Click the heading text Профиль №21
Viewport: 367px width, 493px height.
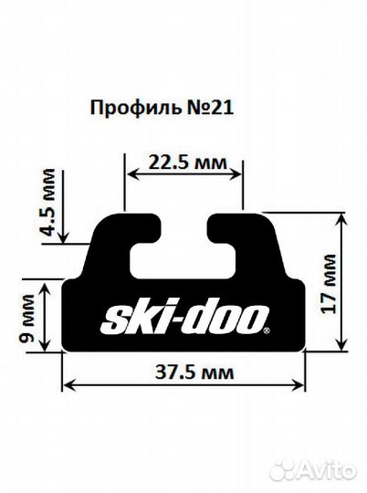coord(163,108)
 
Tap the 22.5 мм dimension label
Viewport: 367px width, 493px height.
coord(183,164)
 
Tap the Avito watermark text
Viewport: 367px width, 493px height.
coord(324,472)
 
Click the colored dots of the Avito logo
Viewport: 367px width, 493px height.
coord(283,472)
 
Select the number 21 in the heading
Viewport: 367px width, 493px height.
coord(224,108)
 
